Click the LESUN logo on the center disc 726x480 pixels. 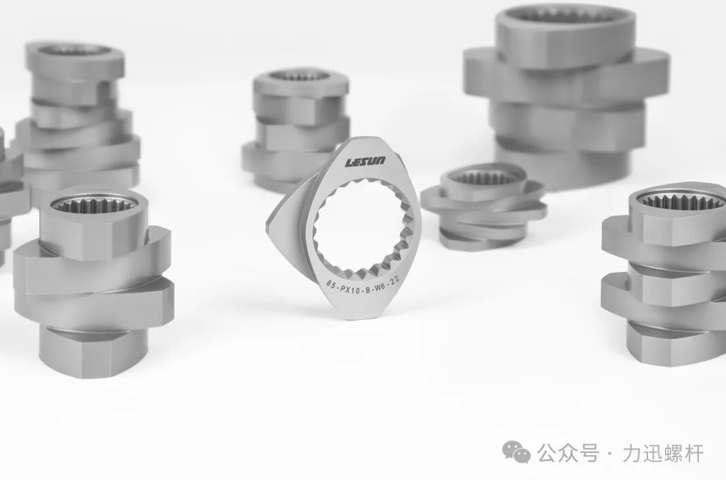click(365, 161)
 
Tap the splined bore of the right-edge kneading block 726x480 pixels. click(680, 201)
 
